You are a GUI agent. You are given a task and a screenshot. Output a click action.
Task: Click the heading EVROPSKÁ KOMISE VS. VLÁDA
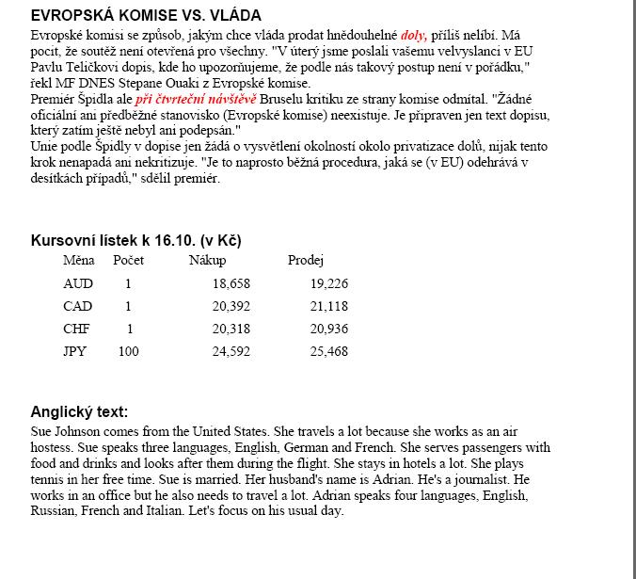(x=146, y=16)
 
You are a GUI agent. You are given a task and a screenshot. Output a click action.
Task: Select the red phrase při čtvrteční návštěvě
(x=195, y=98)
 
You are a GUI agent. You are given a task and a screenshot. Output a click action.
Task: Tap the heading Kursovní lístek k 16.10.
(x=136, y=241)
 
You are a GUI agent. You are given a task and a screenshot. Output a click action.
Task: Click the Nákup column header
(x=207, y=260)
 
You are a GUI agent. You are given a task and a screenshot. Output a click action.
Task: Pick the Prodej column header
(x=306, y=260)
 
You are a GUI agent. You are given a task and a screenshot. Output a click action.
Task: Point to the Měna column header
(x=79, y=260)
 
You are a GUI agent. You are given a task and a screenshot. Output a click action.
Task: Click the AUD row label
(x=78, y=283)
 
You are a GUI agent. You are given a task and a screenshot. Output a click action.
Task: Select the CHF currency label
(x=77, y=329)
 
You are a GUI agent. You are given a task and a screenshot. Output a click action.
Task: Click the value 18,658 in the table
(x=231, y=283)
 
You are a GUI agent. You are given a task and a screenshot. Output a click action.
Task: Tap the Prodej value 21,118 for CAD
(x=329, y=306)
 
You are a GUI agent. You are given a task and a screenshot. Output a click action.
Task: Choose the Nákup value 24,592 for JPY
(x=231, y=351)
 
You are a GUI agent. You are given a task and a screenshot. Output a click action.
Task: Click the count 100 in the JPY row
(x=128, y=351)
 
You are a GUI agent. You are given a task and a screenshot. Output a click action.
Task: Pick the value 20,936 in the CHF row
(x=329, y=329)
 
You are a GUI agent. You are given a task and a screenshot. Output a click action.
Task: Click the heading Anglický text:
(x=79, y=411)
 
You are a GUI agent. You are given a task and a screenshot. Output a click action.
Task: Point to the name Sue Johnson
(x=68, y=431)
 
